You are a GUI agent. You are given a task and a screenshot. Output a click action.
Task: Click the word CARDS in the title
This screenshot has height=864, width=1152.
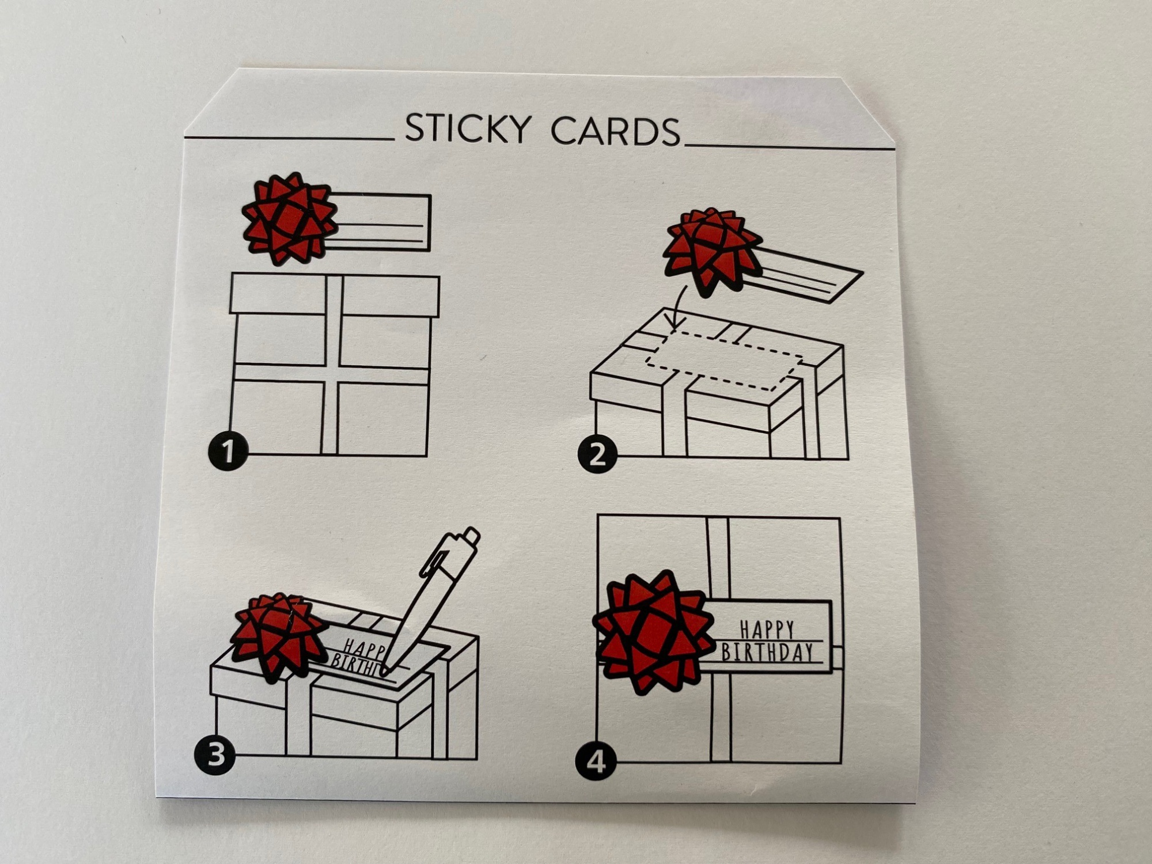616,131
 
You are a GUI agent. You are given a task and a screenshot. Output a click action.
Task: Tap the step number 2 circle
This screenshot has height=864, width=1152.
597,454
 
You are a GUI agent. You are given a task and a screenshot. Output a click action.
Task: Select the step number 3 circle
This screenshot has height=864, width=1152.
215,755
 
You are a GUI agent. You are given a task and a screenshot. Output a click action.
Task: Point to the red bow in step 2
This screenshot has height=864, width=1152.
712,253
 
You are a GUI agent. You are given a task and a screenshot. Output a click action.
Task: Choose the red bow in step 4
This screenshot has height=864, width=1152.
653,632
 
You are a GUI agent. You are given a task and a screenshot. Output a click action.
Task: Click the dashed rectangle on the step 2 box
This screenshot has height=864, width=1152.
724,358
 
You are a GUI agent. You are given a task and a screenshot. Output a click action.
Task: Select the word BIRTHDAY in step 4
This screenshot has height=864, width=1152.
767,651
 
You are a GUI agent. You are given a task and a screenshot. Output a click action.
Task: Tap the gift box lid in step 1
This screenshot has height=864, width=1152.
335,295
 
